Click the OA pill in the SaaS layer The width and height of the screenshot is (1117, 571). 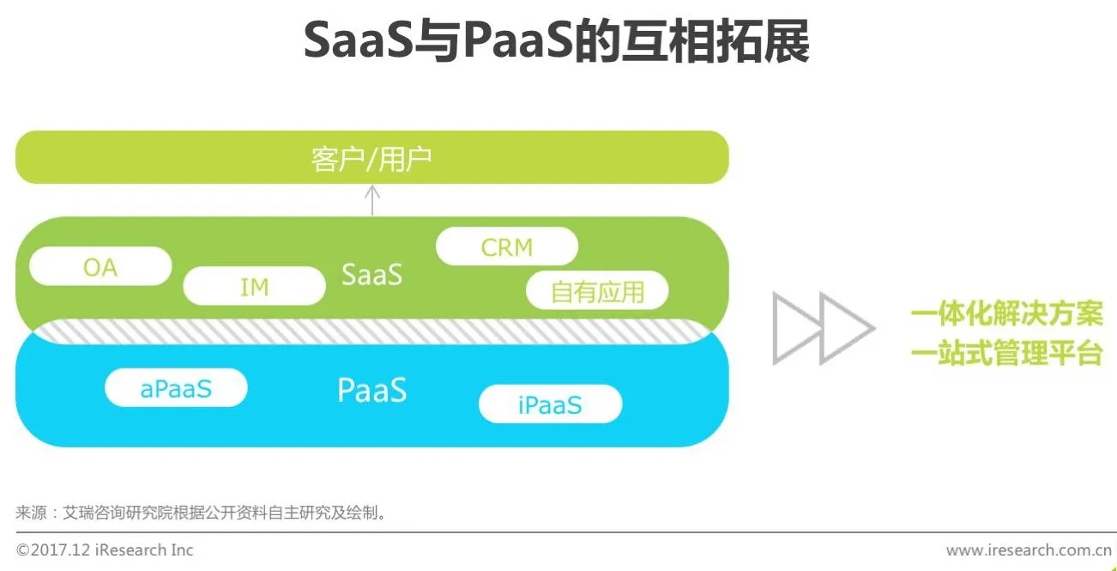pos(100,267)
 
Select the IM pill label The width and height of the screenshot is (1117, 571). pos(254,287)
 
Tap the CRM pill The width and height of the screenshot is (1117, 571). pos(506,247)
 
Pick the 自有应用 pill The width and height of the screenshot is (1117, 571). pos(596,292)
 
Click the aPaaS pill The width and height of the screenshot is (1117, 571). pos(176,388)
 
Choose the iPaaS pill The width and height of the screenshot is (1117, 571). pos(549,404)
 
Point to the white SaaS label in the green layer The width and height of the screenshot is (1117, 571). pos(371,275)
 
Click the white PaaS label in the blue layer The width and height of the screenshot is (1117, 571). pos(371,391)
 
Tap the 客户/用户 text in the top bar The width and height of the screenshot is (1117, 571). pos(371,159)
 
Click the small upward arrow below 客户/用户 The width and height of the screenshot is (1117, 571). pos(371,200)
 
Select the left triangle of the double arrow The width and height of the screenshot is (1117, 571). pos(796,327)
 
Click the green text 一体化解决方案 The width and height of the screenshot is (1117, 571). pos(1006,314)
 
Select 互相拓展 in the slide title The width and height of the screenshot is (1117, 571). pos(713,43)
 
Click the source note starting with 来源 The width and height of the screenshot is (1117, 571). pos(201,513)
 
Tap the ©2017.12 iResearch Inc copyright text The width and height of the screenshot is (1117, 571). pos(105,550)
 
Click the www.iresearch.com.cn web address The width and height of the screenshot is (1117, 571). pos(1029,550)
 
